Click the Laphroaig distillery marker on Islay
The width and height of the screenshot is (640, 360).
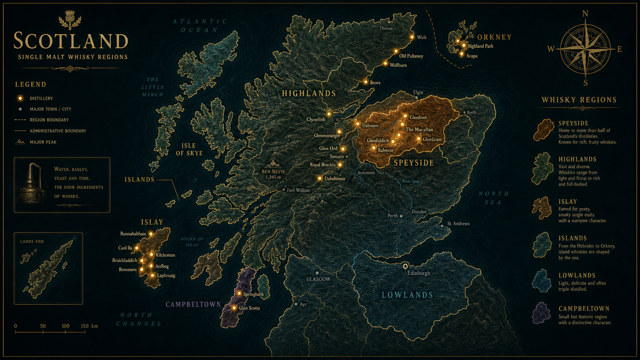coord(152,275)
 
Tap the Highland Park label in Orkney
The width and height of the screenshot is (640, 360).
coord(480,46)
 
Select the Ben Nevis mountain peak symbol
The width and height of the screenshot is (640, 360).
coord(273,165)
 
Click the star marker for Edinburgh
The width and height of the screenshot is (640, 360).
coord(405,266)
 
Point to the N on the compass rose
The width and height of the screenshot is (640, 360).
coord(585,14)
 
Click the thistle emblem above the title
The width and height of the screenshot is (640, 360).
coord(70,20)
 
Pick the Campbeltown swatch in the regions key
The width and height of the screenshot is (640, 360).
coord(542,313)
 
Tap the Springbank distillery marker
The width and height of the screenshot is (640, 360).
coord(239,293)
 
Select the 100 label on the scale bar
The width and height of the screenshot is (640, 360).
coord(66,326)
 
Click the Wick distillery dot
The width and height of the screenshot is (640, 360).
coord(412,37)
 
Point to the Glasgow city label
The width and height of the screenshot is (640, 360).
coord(318,279)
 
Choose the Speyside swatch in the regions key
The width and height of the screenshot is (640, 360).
coord(543,130)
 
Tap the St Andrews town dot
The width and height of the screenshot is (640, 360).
coord(442,226)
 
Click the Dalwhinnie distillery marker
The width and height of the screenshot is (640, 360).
coord(320,178)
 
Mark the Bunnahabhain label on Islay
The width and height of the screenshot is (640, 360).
coord(133,234)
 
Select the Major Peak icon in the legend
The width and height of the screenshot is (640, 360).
coord(20,142)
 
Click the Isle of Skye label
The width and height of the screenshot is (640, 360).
coord(189,149)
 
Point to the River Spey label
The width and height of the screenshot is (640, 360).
coord(410,181)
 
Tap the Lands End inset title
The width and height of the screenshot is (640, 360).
coord(32,241)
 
